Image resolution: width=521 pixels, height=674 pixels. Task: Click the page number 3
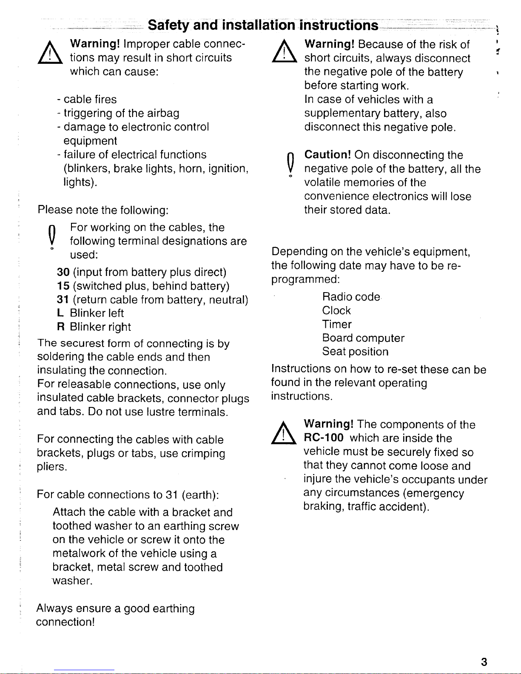click(x=484, y=662)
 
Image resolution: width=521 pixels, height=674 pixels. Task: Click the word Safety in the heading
click(x=169, y=26)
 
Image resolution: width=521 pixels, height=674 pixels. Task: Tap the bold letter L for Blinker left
click(x=60, y=313)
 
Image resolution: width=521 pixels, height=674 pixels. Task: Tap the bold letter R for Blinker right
click(x=60, y=327)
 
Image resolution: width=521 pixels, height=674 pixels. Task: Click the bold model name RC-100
click(x=324, y=438)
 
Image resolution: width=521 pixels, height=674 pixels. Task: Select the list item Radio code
click(x=351, y=296)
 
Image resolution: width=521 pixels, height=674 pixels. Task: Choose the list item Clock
click(x=336, y=310)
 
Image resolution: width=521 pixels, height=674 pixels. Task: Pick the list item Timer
click(x=337, y=324)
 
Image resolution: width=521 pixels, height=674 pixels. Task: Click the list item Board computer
click(x=363, y=338)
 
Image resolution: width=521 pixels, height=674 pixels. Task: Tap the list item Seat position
click(x=355, y=352)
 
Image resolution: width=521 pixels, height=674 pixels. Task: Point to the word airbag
click(x=163, y=113)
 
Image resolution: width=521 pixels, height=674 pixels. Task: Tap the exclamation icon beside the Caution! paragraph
click(x=289, y=164)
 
